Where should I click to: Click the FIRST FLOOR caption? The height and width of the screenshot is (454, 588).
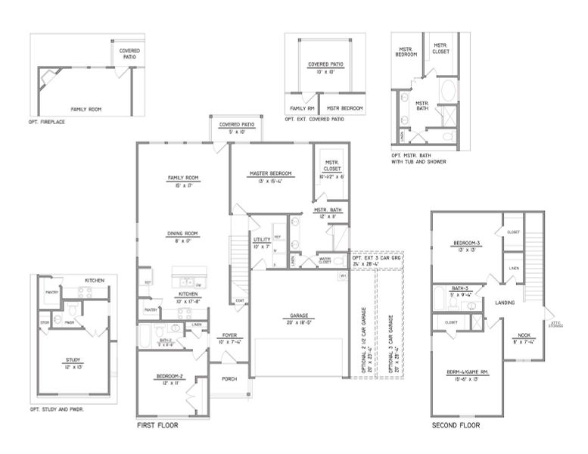coord(157,426)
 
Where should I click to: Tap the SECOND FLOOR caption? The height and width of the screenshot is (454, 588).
coord(456,426)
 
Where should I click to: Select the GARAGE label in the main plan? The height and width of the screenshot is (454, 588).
coord(300,316)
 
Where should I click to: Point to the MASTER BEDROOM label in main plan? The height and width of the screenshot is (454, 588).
coord(270,173)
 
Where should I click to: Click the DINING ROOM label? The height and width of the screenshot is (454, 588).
coord(182,233)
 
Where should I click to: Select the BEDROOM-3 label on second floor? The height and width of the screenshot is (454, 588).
coord(467,243)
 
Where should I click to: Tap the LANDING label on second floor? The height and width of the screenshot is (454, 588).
coord(506,303)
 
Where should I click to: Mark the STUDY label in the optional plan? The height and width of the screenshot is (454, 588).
coord(73,360)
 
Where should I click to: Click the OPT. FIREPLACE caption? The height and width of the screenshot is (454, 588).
coord(48,121)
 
